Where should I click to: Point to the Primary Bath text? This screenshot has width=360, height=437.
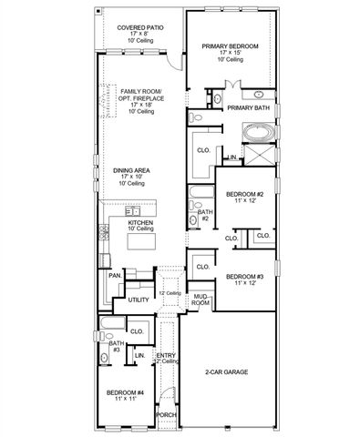pyautogui.click(x=248, y=108)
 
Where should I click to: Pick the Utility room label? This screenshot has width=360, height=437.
pyautogui.click(x=139, y=299)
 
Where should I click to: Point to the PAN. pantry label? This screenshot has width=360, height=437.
pyautogui.click(x=115, y=274)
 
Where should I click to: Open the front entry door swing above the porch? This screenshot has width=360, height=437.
pyautogui.click(x=165, y=393)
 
